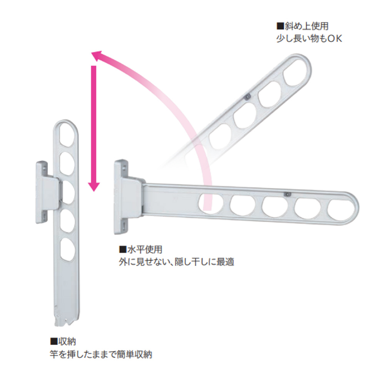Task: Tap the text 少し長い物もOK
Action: click(309, 39)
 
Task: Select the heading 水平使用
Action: click(143, 250)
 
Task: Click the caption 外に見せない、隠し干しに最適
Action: click(176, 262)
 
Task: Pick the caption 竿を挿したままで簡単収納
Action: click(101, 354)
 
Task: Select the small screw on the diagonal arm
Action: click(248, 96)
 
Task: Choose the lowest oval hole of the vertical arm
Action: click(68, 248)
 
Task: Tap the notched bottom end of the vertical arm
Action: click(66, 318)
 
